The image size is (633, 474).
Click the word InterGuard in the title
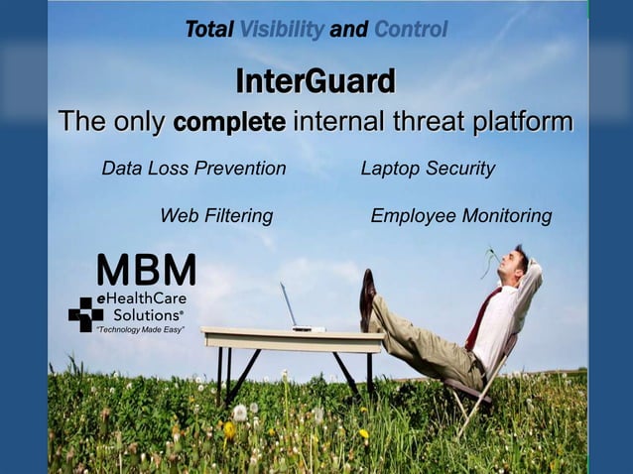[x=316, y=80]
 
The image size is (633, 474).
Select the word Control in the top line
[x=410, y=30]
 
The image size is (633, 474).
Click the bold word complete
[x=229, y=123]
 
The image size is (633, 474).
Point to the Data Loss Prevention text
[x=193, y=169]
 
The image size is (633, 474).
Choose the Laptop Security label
[x=428, y=169]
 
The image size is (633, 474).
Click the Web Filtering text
[x=216, y=215]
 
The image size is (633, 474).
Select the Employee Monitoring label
[x=460, y=215]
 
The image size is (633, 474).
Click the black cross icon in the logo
[x=85, y=313]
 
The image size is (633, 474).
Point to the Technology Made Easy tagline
[x=139, y=328]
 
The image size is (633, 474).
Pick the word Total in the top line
[x=207, y=30]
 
